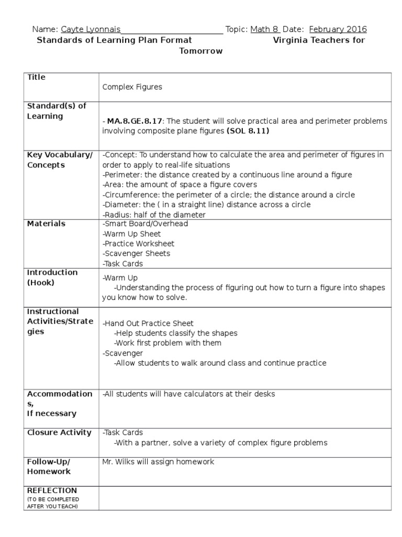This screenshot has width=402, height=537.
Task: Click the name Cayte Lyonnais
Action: click(x=91, y=29)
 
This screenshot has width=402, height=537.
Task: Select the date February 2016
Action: click(x=338, y=29)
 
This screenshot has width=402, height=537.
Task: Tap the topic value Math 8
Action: click(x=265, y=29)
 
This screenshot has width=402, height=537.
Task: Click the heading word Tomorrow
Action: click(x=201, y=51)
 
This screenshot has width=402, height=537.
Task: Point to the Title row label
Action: click(x=36, y=78)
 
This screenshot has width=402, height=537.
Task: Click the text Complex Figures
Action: click(x=132, y=88)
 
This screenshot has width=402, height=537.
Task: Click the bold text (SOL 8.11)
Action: click(x=248, y=131)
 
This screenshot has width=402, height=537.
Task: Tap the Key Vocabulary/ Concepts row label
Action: click(x=59, y=160)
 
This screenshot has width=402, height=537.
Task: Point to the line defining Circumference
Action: click(x=229, y=195)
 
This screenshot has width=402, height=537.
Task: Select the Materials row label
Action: click(x=46, y=224)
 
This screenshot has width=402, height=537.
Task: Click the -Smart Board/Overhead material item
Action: click(x=145, y=224)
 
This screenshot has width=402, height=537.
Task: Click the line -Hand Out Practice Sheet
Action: click(x=148, y=324)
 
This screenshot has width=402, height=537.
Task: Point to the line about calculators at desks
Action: click(x=188, y=394)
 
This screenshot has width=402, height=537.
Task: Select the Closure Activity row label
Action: click(x=59, y=433)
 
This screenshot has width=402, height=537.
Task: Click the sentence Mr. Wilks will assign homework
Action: click(x=158, y=462)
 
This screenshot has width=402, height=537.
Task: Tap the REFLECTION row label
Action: click(x=52, y=490)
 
